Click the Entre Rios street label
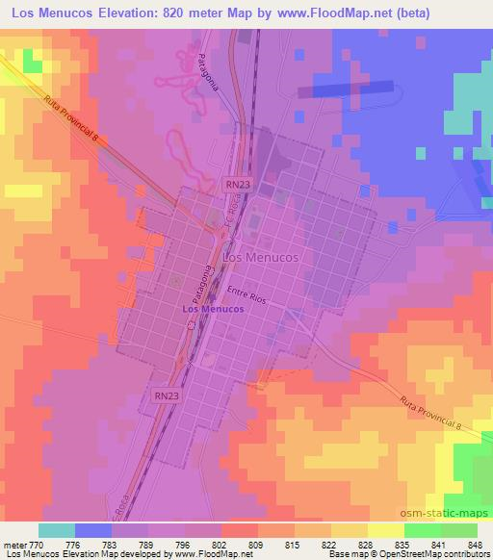(x=246, y=293)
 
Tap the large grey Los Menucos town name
(x=259, y=259)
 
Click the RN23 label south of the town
(x=166, y=395)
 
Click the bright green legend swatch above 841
(x=423, y=530)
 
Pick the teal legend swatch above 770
(x=56, y=530)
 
